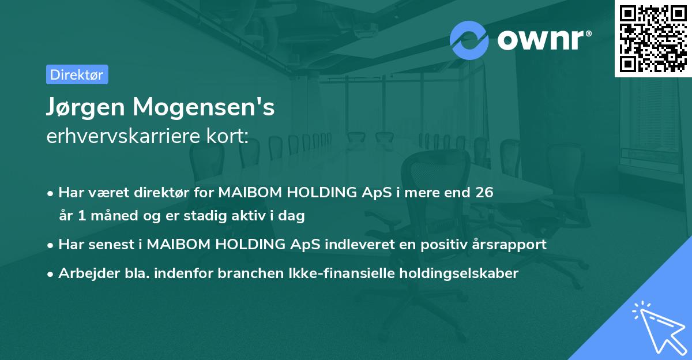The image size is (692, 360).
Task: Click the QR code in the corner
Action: point(653,38)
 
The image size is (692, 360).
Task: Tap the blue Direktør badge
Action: point(77,74)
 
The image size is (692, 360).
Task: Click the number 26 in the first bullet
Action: point(484,193)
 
